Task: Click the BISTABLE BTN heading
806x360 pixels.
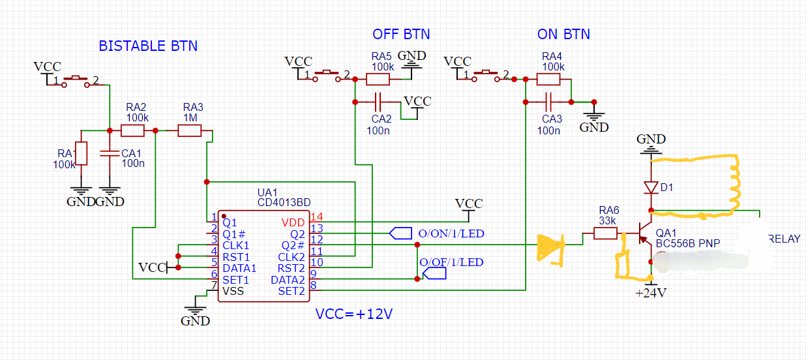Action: (148, 46)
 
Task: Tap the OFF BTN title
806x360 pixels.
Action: (401, 34)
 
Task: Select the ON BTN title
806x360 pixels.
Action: (563, 34)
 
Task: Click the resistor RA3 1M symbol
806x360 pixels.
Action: (190, 130)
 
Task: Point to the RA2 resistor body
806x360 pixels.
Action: (132, 130)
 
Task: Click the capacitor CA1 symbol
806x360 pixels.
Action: (110, 153)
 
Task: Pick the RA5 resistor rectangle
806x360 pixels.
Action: (378, 79)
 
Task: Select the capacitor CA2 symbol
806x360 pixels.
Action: (378, 102)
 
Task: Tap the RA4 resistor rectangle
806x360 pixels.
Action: (548, 79)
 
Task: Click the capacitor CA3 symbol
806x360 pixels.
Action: (548, 102)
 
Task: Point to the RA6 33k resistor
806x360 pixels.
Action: (605, 233)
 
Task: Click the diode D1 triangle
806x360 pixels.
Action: (651, 188)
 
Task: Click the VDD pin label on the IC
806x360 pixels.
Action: (293, 222)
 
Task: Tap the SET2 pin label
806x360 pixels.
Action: (291, 291)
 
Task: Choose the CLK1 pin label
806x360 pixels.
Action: (235, 245)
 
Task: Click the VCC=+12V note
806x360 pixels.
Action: (353, 314)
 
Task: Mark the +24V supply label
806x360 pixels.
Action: (651, 293)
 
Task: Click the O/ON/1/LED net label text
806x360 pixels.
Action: (451, 233)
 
